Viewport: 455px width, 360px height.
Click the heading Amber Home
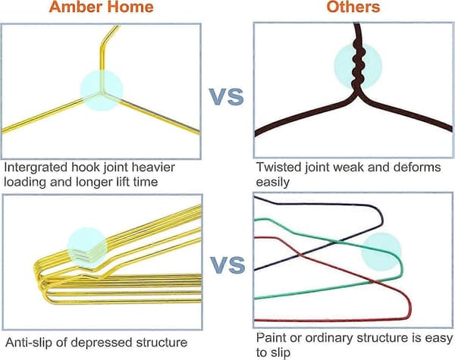click(102, 6)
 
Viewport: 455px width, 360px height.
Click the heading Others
click(353, 6)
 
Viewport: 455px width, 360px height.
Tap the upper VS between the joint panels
click(226, 97)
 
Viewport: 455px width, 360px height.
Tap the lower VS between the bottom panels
click(227, 265)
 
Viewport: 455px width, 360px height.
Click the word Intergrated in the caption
click(36, 167)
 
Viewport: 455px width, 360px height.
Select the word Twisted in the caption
click(278, 167)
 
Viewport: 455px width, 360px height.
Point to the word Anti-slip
click(29, 343)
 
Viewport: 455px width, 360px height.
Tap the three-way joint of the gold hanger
click(102, 92)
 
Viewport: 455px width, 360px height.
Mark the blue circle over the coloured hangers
click(381, 252)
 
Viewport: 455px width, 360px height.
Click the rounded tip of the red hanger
click(409, 308)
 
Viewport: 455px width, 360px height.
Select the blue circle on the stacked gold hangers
click(86, 246)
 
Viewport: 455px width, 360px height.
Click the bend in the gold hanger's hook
click(102, 45)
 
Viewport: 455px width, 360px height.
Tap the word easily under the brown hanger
click(273, 183)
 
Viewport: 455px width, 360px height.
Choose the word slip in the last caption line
click(280, 353)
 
